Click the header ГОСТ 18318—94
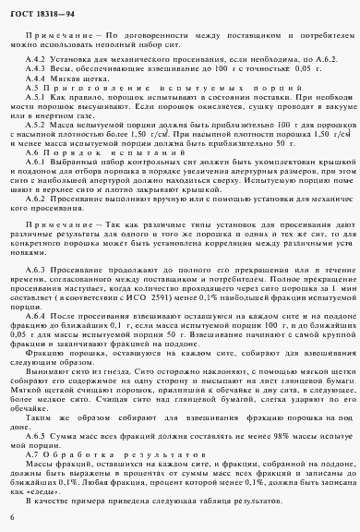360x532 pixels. tap(45, 10)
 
